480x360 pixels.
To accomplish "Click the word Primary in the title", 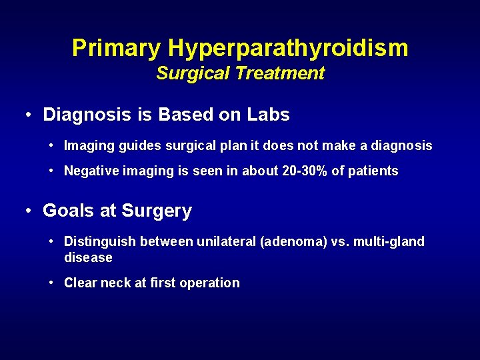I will click(x=117, y=48).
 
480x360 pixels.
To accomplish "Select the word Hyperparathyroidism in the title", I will click(x=288, y=48).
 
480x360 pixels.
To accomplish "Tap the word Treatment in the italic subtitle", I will click(x=279, y=73).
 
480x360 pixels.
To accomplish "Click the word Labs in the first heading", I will click(x=267, y=115).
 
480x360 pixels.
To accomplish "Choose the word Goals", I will click(x=69, y=211).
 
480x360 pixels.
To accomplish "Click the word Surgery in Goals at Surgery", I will click(x=157, y=211).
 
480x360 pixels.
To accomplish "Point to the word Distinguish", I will click(x=96, y=241).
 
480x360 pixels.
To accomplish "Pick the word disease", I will click(x=88, y=257).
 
